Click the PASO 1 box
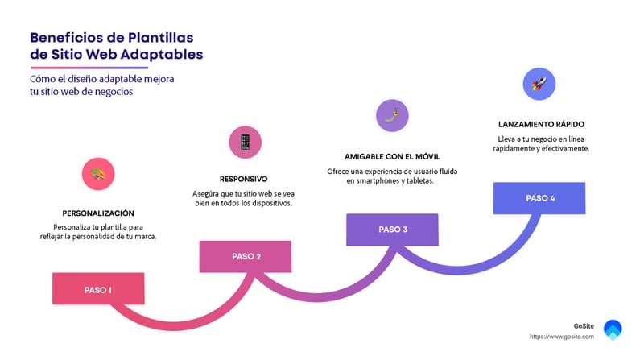[x=98, y=289]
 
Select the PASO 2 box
[x=246, y=256]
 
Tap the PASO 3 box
[x=392, y=230]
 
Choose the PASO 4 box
[x=539, y=198]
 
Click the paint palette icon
[x=98, y=173]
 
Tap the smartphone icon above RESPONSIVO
[x=245, y=142]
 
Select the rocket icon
[x=539, y=83]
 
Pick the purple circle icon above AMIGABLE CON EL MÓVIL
[x=392, y=116]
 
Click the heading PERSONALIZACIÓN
[x=98, y=213]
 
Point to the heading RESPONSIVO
[x=243, y=179]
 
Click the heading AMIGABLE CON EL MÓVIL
[x=392, y=155]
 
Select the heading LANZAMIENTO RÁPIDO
[x=540, y=125]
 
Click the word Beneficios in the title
[x=61, y=38]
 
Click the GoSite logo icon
[x=613, y=329]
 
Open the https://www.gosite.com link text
[x=561, y=336]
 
